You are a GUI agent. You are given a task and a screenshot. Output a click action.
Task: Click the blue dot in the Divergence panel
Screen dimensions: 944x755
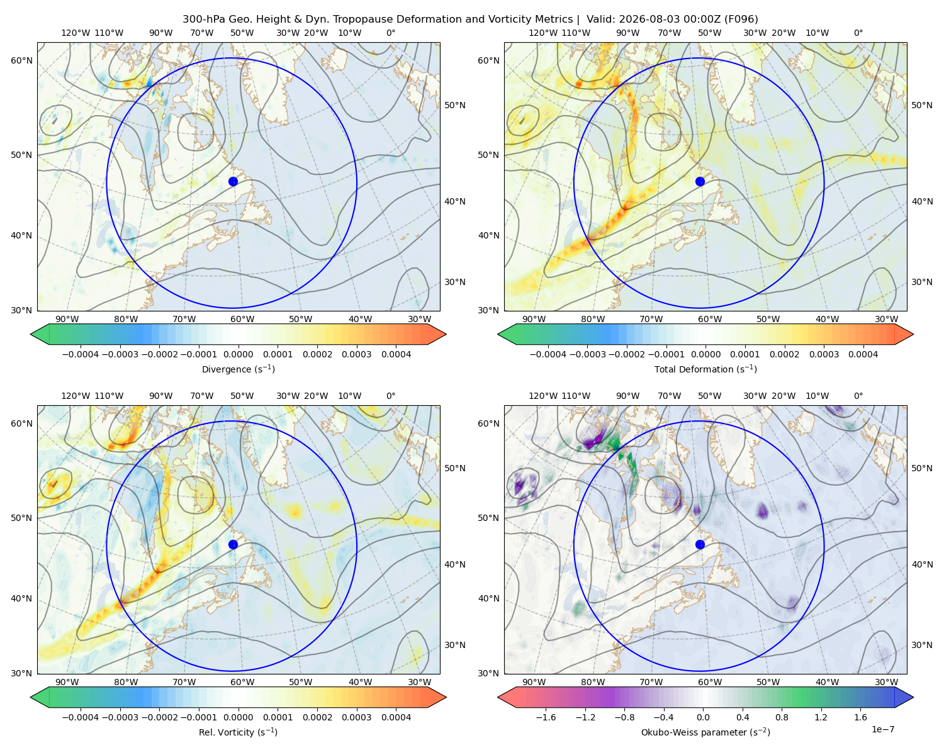(x=233, y=182)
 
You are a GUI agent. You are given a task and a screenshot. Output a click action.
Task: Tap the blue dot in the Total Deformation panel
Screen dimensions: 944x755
(x=700, y=182)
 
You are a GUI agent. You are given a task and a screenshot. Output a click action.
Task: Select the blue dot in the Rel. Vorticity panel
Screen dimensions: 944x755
(x=233, y=544)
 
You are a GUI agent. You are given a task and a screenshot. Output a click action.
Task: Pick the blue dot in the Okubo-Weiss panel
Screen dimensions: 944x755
(x=700, y=544)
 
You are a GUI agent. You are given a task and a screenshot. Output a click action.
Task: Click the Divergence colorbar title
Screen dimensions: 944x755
(x=238, y=369)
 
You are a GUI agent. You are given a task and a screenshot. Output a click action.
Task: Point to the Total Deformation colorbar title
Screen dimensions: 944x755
(x=705, y=369)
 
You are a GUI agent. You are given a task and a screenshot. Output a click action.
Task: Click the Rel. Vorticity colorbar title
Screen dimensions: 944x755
(x=238, y=732)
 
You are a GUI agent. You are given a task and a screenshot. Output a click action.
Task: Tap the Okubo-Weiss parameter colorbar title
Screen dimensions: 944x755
(x=705, y=732)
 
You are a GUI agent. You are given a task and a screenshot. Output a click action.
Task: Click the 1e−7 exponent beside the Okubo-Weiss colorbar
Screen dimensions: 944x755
(x=882, y=729)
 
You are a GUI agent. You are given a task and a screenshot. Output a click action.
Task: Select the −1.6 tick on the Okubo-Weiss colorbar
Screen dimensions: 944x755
(x=546, y=717)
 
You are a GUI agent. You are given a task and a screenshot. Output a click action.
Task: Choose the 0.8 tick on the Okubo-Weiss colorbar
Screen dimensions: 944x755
(x=782, y=717)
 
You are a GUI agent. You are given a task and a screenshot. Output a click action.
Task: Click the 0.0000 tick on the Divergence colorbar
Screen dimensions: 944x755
(x=238, y=354)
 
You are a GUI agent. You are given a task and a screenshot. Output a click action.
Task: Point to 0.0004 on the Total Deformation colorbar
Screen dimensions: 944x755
(x=863, y=354)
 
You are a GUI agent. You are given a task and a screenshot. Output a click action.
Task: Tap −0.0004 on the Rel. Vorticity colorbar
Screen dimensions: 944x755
(x=81, y=717)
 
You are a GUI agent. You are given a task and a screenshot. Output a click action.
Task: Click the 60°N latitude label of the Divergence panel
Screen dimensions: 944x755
(x=21, y=60)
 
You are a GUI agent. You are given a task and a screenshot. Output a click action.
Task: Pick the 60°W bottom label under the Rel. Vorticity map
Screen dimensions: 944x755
(x=242, y=682)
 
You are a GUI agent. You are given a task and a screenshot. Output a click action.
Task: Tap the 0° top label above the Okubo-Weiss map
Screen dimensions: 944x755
(x=858, y=396)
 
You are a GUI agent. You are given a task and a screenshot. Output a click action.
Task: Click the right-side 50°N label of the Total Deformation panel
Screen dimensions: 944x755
(x=922, y=105)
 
